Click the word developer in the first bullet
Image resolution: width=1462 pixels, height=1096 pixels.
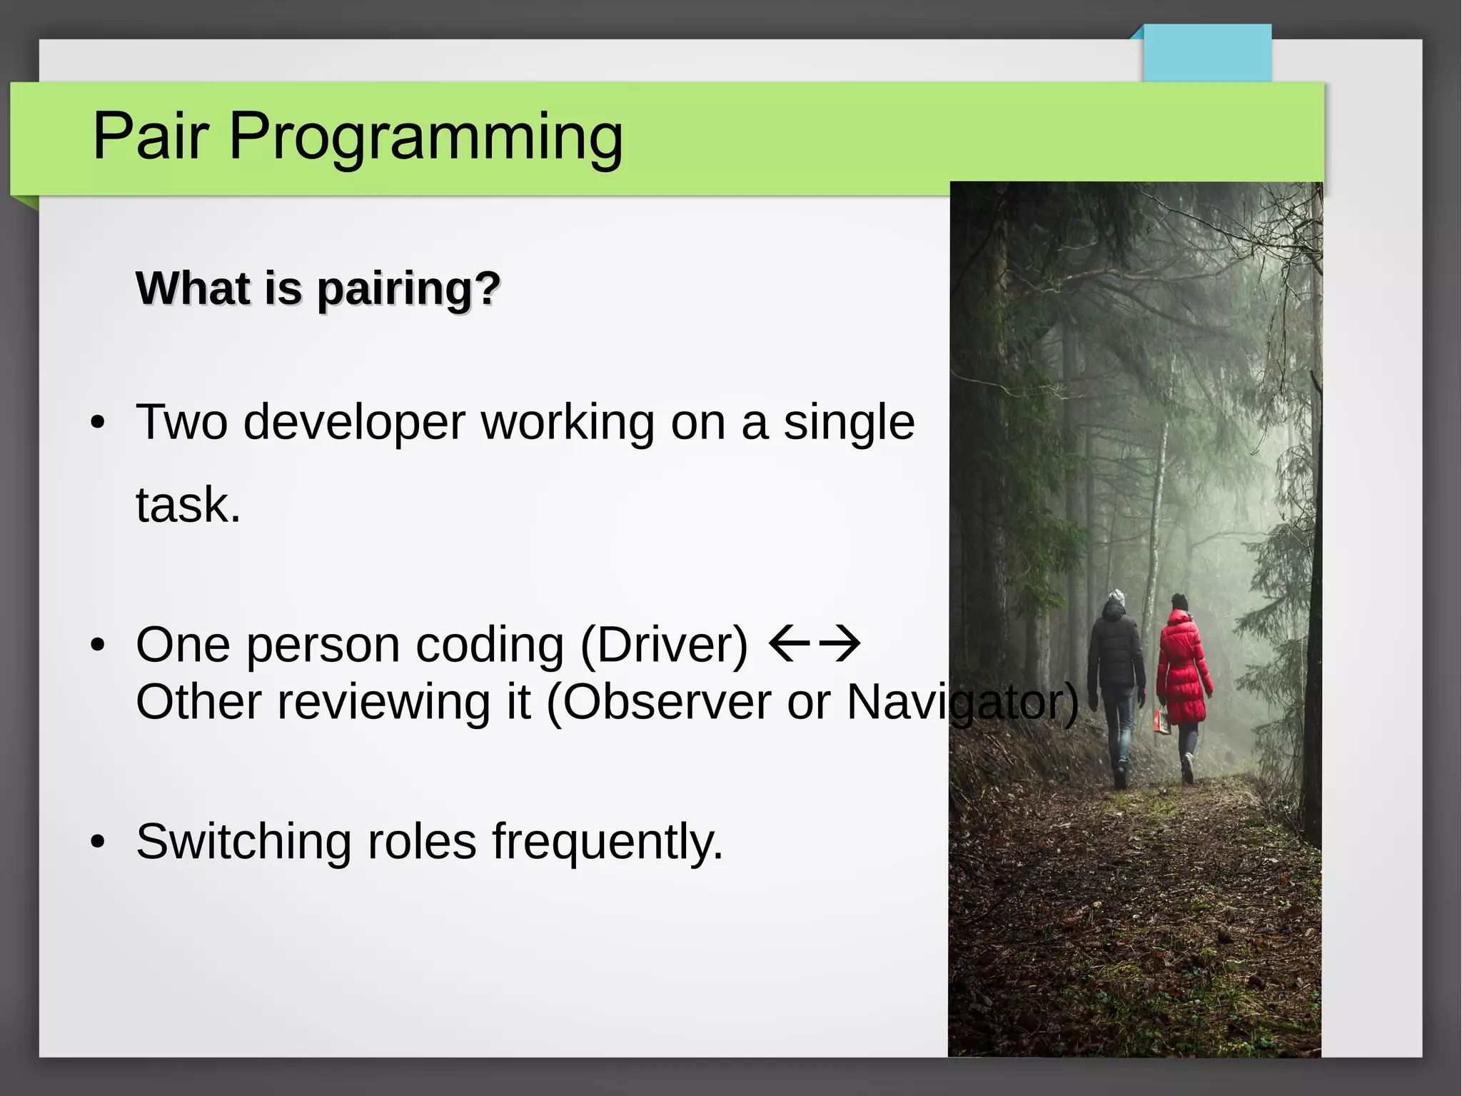(x=354, y=423)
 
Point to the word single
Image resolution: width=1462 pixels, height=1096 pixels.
(x=849, y=423)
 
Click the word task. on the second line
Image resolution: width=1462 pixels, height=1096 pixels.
(x=188, y=505)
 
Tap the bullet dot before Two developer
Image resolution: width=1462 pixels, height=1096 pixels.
(x=99, y=423)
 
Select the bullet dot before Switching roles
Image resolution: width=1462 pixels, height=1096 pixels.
(x=99, y=843)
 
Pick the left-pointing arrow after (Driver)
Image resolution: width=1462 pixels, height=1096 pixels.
(x=789, y=643)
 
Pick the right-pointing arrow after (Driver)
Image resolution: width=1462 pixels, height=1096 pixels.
(x=840, y=643)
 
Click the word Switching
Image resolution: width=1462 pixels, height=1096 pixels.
(x=243, y=843)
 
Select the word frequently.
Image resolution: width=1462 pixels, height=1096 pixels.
(x=608, y=843)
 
